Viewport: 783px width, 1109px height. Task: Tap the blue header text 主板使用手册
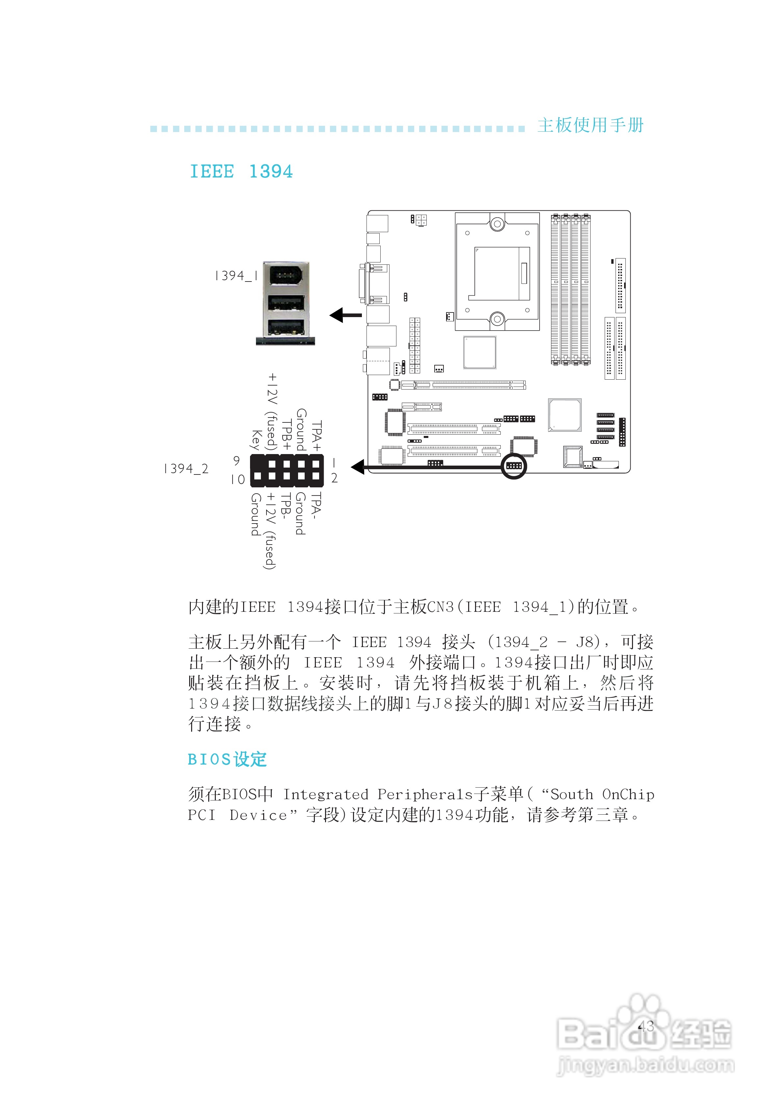coord(591,125)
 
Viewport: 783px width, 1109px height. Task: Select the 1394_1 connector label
coord(236,276)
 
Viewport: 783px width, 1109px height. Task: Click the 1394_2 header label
coord(186,469)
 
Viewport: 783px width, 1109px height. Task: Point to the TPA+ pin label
coord(316,435)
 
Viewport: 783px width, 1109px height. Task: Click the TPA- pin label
coord(316,506)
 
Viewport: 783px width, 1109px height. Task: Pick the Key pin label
coord(256,440)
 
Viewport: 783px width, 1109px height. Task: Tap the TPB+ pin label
coord(287,435)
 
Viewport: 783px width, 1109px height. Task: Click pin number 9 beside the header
coord(237,461)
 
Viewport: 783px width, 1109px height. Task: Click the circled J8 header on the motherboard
coord(513,466)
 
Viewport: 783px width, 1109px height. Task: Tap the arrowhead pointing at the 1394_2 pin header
coord(358,467)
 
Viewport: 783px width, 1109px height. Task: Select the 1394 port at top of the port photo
coord(286,277)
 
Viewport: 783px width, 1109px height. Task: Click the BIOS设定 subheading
coord(227,760)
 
